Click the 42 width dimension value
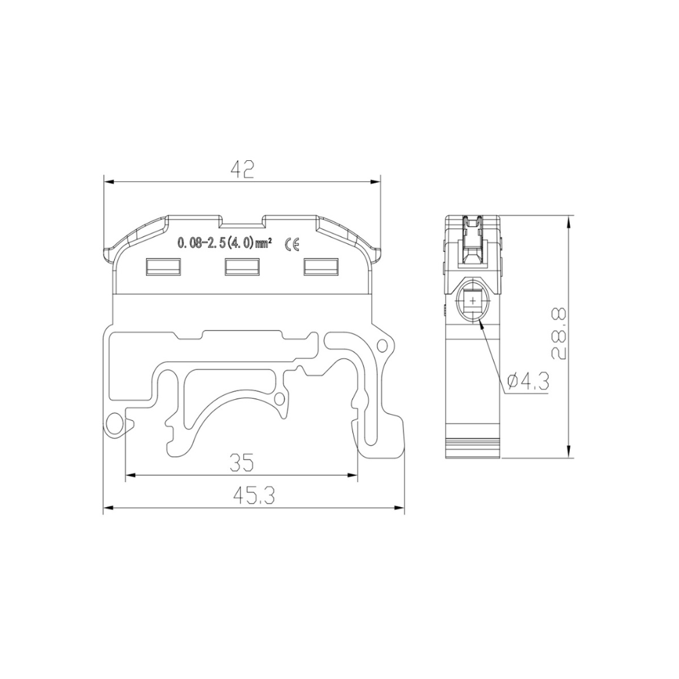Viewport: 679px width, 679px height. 241,169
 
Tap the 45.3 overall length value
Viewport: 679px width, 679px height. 253,497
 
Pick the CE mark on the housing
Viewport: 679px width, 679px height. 295,244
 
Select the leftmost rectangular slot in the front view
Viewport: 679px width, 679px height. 163,267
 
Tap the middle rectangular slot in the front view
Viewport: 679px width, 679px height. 242,267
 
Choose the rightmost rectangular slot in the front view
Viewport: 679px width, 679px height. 320,267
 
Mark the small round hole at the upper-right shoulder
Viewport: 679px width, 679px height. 382,346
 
